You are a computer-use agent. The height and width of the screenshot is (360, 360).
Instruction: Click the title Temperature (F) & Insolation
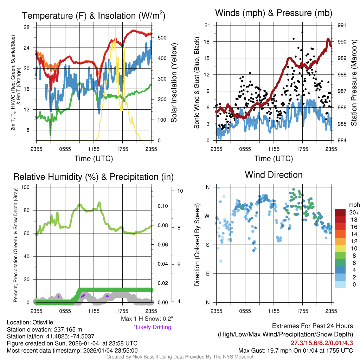click(x=94, y=16)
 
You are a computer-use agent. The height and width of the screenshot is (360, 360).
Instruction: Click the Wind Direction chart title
click(x=274, y=175)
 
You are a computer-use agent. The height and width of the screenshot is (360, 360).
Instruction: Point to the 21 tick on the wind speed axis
click(x=207, y=25)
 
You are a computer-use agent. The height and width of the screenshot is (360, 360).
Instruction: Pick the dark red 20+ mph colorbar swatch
click(x=341, y=212)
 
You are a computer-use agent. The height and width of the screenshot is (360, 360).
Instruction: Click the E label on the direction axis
click(x=207, y=274)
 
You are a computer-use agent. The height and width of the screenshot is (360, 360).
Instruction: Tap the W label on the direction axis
click(x=207, y=216)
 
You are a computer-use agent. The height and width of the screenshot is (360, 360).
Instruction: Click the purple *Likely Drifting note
click(x=152, y=327)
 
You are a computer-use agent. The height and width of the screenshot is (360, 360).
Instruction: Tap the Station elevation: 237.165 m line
click(x=44, y=329)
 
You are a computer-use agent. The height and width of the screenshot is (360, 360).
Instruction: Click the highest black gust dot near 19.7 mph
click(x=302, y=32)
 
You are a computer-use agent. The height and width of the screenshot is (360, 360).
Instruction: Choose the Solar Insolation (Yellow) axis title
click(x=174, y=83)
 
